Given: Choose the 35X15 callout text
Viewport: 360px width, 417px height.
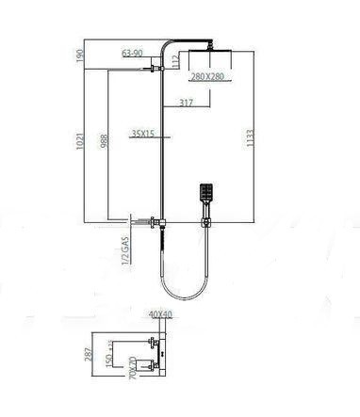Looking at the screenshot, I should click(144, 134).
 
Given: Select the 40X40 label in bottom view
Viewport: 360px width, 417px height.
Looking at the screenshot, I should click(161, 314).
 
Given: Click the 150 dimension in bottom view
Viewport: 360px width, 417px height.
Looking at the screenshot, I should click(107, 360).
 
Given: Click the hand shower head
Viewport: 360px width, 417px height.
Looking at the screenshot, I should click(207, 195).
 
